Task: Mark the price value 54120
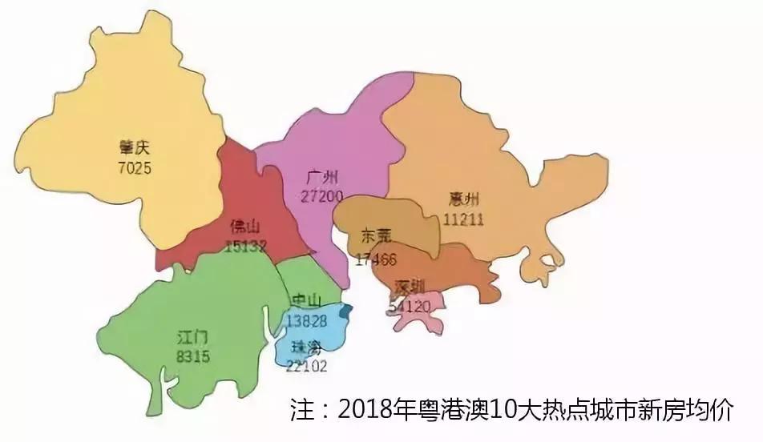click(410, 305)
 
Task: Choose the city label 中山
click(305, 300)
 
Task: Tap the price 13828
click(305, 320)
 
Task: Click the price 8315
click(193, 356)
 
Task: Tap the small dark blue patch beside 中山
click(346, 311)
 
